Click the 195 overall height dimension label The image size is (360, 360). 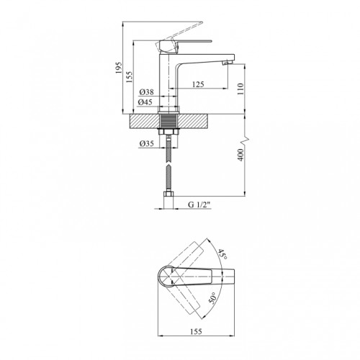pyautogui.click(x=119, y=68)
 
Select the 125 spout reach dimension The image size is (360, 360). pyautogui.click(x=198, y=84)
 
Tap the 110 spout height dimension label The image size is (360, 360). pyautogui.click(x=240, y=89)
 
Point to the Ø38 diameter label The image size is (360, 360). pyautogui.click(x=146, y=92)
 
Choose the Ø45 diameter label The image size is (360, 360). pyautogui.click(x=145, y=102)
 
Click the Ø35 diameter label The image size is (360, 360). pyautogui.click(x=146, y=143)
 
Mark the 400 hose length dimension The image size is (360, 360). pyautogui.click(x=240, y=155)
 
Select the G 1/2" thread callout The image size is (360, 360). pyautogui.click(x=199, y=204)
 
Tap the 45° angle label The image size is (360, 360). pyautogui.click(x=222, y=255)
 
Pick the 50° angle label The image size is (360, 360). pyautogui.click(x=212, y=298)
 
